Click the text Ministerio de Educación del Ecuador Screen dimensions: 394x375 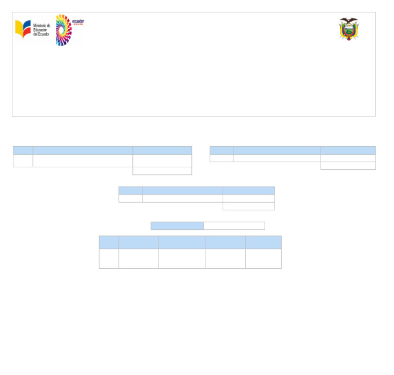pos(42,30)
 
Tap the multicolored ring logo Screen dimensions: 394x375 pos(64,30)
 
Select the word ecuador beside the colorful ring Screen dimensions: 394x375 pos(78,21)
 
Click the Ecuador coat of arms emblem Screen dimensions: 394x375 pos(349,29)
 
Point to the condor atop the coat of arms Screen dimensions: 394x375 pos(349,21)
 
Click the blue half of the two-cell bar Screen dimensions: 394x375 pos(177,226)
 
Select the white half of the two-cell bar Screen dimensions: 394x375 pos(234,226)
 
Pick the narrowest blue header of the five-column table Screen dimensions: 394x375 pos(109,242)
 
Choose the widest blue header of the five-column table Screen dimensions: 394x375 pos(182,242)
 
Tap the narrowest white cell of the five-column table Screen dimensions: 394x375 pos(109,259)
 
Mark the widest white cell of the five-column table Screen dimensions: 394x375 pos(182,259)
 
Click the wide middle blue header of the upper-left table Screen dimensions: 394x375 pos(83,150)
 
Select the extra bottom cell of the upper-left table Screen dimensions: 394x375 pos(162,171)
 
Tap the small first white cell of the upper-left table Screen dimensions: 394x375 pos(23,161)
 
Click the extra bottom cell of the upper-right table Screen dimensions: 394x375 pos(348,166)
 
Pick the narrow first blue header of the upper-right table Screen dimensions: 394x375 pos(221,150)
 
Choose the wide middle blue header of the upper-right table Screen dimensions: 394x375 pos(277,150)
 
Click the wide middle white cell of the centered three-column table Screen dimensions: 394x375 pos(183,198)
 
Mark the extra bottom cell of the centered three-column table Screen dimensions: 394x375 pos(249,206)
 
